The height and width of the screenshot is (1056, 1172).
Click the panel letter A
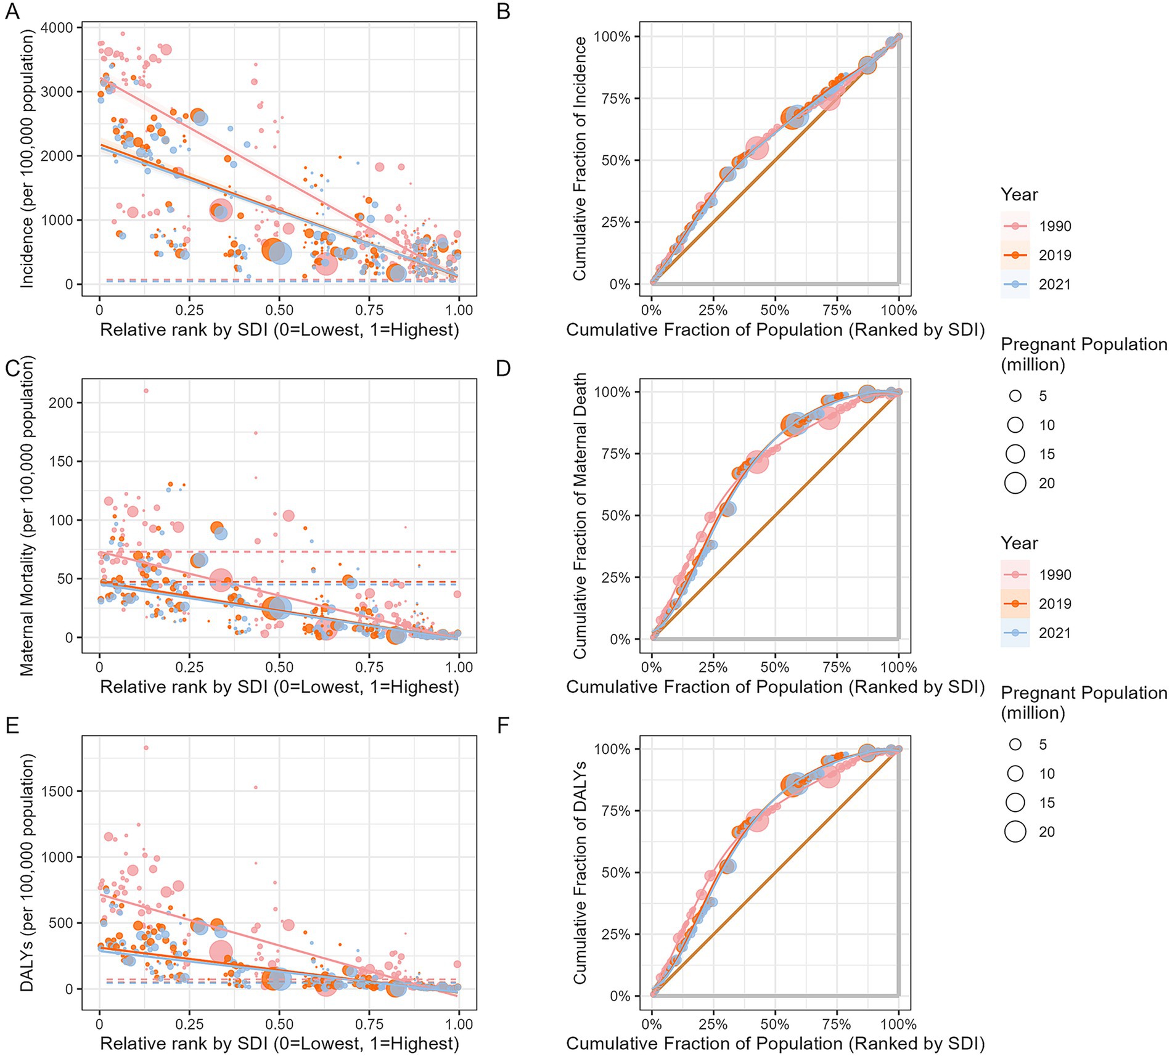coord(12,11)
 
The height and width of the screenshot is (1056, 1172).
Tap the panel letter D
coord(503,368)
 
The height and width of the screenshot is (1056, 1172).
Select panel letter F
coord(502,725)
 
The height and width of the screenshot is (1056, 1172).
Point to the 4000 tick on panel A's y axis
coord(57,28)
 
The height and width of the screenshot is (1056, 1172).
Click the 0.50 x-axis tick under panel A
coord(279,309)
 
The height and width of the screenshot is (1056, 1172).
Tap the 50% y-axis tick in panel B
coord(612,161)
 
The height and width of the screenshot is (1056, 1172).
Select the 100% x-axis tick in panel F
coord(898,1024)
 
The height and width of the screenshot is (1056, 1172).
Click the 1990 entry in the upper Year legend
coord(1055,226)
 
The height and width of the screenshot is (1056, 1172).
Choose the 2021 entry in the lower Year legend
coord(1055,632)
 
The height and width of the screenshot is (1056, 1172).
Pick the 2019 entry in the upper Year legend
coord(1055,255)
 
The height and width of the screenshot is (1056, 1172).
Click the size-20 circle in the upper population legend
coord(1015,483)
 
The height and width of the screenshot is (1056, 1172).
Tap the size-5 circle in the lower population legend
coord(1015,745)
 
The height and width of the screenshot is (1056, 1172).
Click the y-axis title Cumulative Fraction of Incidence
coord(580,158)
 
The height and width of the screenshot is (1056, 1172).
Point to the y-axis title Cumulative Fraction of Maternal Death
coord(580,515)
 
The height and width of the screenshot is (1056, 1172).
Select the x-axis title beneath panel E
coord(279,1043)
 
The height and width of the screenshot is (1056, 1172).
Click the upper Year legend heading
coord(1019,195)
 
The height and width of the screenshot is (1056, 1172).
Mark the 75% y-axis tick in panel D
coord(612,454)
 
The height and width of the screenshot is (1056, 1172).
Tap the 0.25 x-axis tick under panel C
coord(189,667)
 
